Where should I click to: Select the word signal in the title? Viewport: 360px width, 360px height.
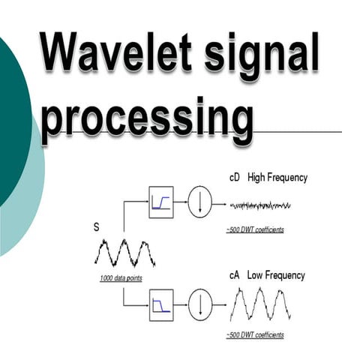[262, 56]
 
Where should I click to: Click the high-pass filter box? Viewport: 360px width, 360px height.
[161, 202]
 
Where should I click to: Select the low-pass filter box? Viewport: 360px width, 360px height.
[161, 305]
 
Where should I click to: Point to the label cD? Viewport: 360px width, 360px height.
[235, 178]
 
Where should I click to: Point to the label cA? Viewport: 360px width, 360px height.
[235, 275]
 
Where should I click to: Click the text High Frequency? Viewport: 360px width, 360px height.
[277, 178]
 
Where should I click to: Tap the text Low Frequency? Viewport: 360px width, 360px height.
[276, 275]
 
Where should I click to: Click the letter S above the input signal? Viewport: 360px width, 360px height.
[96, 227]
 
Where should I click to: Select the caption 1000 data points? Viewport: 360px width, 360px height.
[121, 278]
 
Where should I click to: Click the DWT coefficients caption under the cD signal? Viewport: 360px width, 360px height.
[255, 229]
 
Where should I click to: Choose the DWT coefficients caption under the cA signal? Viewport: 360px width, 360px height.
[255, 334]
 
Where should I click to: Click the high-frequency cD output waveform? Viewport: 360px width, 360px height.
[260, 205]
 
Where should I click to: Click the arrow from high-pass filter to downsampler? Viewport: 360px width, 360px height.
[181, 202]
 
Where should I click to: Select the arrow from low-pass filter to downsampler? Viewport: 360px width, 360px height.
[181, 304]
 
